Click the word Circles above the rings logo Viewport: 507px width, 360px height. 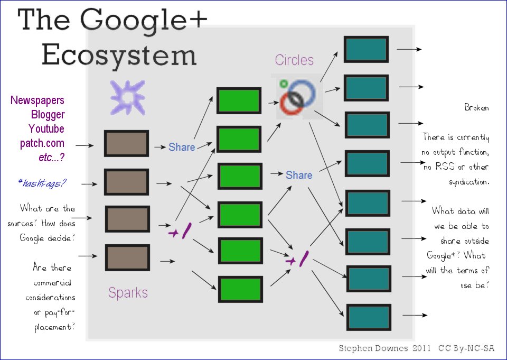294,60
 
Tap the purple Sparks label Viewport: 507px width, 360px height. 128,292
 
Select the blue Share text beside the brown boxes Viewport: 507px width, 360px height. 182,147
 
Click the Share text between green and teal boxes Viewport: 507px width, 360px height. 299,174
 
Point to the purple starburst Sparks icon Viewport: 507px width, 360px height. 127,97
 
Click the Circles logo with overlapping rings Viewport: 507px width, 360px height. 297,97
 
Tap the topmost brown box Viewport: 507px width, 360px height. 126,143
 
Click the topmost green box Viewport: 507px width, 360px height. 239,101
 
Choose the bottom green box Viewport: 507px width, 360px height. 241,289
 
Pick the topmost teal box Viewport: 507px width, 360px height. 367,49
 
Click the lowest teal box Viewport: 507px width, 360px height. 369,317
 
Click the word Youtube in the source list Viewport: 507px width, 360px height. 46,129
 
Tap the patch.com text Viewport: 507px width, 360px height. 43,143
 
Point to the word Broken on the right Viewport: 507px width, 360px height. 476,107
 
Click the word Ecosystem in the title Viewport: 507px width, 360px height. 119,55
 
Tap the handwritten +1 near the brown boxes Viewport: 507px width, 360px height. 180,231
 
